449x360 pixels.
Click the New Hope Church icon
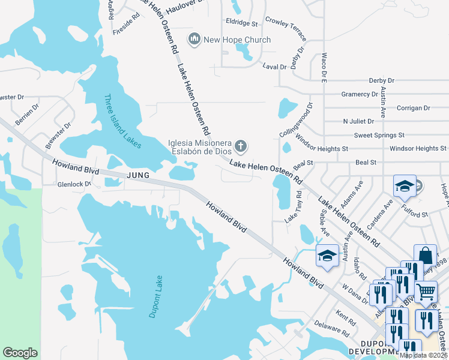(194, 40)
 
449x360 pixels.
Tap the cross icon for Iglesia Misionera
(241, 146)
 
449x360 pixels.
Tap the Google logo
(20, 353)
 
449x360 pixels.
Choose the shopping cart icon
(426, 292)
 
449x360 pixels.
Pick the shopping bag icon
(425, 255)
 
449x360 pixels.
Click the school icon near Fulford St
(405, 186)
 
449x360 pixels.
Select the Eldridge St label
(242, 24)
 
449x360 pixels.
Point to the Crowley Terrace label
(285, 24)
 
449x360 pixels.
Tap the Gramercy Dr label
(359, 94)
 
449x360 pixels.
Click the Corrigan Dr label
(414, 108)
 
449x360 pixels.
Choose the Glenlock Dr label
(74, 184)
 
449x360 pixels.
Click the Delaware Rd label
(332, 331)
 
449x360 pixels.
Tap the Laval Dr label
(274, 67)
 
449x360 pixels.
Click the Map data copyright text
(424, 355)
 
